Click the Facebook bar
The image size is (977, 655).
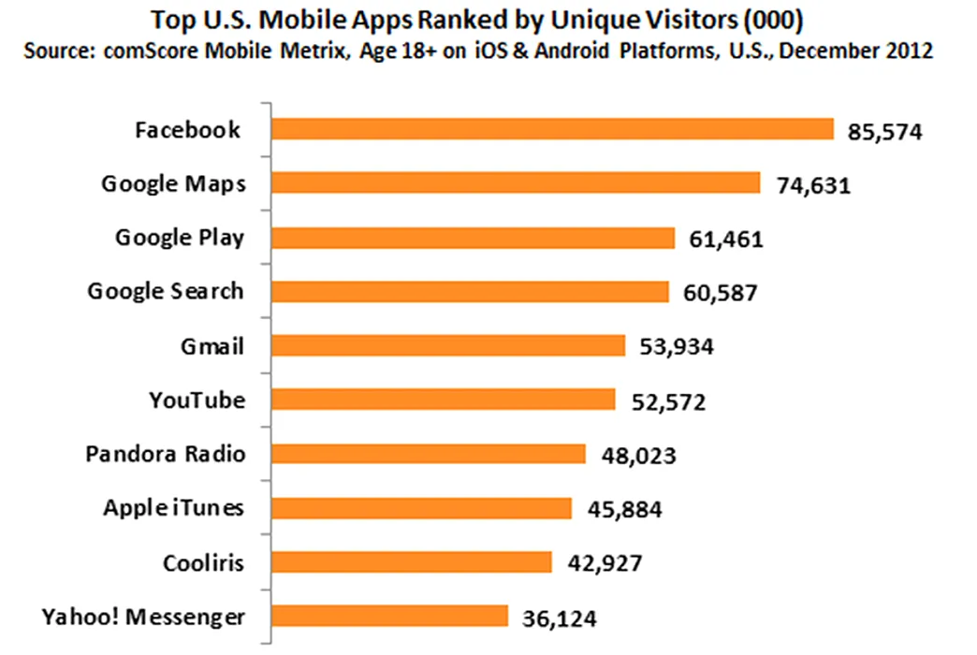click(x=553, y=130)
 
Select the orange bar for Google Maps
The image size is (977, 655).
click(x=516, y=183)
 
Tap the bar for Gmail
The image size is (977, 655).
click(x=448, y=345)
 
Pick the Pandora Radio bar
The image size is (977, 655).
click(x=429, y=454)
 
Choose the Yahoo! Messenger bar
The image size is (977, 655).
click(x=390, y=616)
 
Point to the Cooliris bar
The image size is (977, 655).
click(x=412, y=562)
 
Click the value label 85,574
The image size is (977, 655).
click(x=884, y=132)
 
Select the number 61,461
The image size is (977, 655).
click(x=726, y=240)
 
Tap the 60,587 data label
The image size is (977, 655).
click(x=721, y=293)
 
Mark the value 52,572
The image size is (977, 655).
click(x=668, y=402)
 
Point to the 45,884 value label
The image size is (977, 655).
click(x=625, y=510)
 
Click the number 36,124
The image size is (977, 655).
click(x=560, y=619)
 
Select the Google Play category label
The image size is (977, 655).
click(x=180, y=238)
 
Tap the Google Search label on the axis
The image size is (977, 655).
click(x=166, y=291)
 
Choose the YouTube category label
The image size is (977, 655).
click(x=197, y=400)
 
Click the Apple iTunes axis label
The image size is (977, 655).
click(x=173, y=508)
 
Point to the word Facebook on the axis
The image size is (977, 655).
click(x=187, y=130)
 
